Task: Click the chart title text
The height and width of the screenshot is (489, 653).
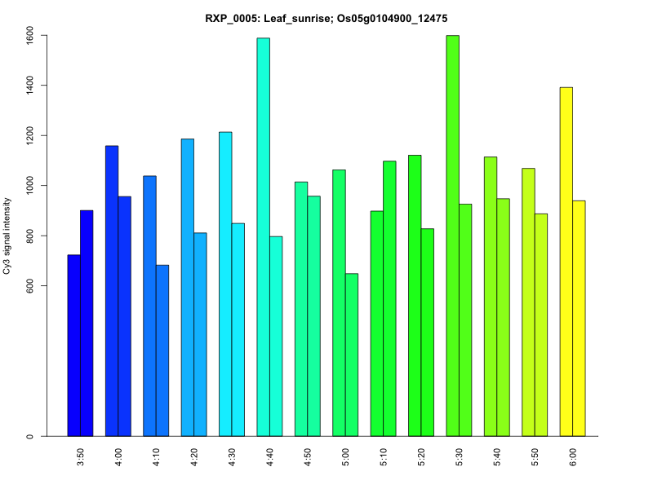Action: click(326, 18)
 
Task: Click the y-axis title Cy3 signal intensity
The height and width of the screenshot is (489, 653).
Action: click(7, 236)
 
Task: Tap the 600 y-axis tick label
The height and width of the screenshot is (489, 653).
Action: click(29, 286)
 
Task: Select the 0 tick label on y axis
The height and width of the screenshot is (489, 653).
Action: click(29, 437)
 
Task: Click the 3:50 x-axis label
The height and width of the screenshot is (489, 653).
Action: click(80, 456)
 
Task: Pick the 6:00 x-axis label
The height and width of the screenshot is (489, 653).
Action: click(572, 456)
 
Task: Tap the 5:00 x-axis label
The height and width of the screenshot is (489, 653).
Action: click(345, 456)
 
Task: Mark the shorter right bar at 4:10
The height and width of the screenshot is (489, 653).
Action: click(162, 350)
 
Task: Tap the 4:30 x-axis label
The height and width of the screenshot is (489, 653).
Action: click(232, 456)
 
